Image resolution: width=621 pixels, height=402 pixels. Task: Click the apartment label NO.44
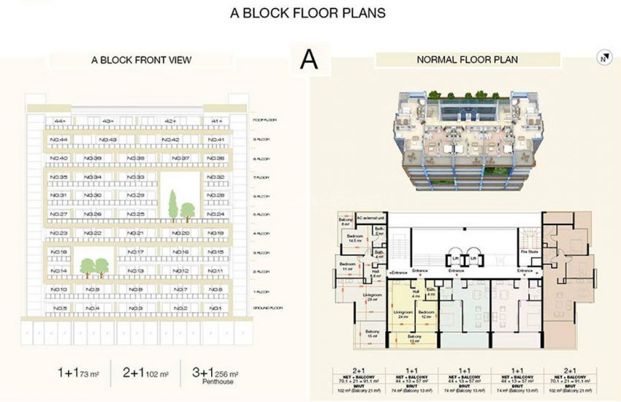pyautogui.click(x=59, y=140)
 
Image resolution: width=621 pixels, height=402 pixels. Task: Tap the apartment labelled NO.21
pyautogui.click(x=135, y=233)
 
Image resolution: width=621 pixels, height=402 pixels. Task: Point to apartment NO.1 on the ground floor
pyautogui.click(x=216, y=308)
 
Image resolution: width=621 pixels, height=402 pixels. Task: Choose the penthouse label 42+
pyautogui.click(x=171, y=121)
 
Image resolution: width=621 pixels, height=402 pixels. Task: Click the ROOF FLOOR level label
pyautogui.click(x=262, y=121)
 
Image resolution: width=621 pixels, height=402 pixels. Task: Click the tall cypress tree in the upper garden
pyautogui.click(x=174, y=204)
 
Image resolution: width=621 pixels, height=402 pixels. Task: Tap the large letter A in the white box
pyautogui.click(x=309, y=59)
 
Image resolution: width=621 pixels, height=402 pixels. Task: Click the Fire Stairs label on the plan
pyautogui.click(x=525, y=253)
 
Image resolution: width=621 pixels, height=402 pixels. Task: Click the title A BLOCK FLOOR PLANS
pyautogui.click(x=308, y=12)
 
